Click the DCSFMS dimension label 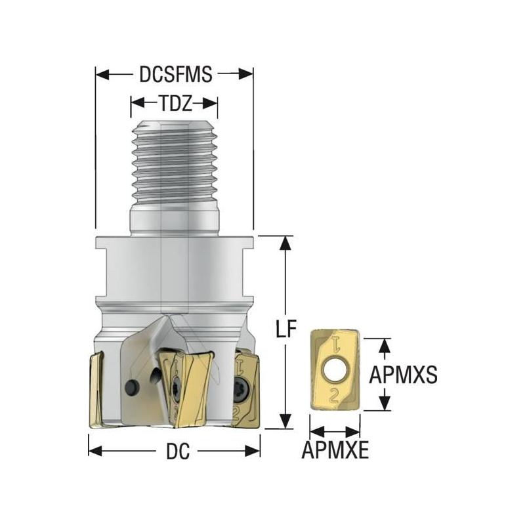click(175, 74)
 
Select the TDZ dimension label click(174, 103)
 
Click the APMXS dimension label click(403, 374)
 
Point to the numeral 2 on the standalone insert click(335, 394)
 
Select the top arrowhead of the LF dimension click(284, 241)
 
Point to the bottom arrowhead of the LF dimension click(284, 423)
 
